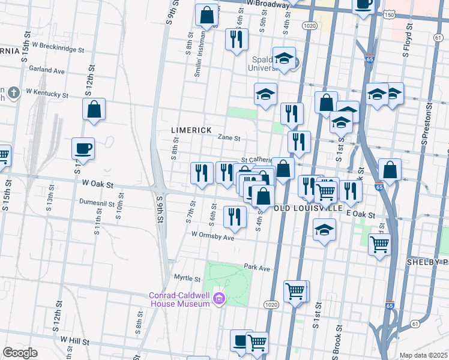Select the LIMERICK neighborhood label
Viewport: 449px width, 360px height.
point(191,130)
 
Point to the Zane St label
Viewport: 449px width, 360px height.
point(228,137)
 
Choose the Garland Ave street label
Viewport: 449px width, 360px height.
point(46,70)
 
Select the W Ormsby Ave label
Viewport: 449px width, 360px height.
point(212,236)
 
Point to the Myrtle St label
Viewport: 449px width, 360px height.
point(187,278)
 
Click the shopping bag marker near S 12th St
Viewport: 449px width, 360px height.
point(94,110)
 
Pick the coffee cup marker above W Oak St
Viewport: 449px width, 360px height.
point(83,149)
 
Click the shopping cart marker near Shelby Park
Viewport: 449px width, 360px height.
point(379,245)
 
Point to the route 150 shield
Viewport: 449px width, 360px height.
point(390,14)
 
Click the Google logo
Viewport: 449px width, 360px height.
point(20,352)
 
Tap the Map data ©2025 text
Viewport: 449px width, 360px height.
point(423,355)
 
